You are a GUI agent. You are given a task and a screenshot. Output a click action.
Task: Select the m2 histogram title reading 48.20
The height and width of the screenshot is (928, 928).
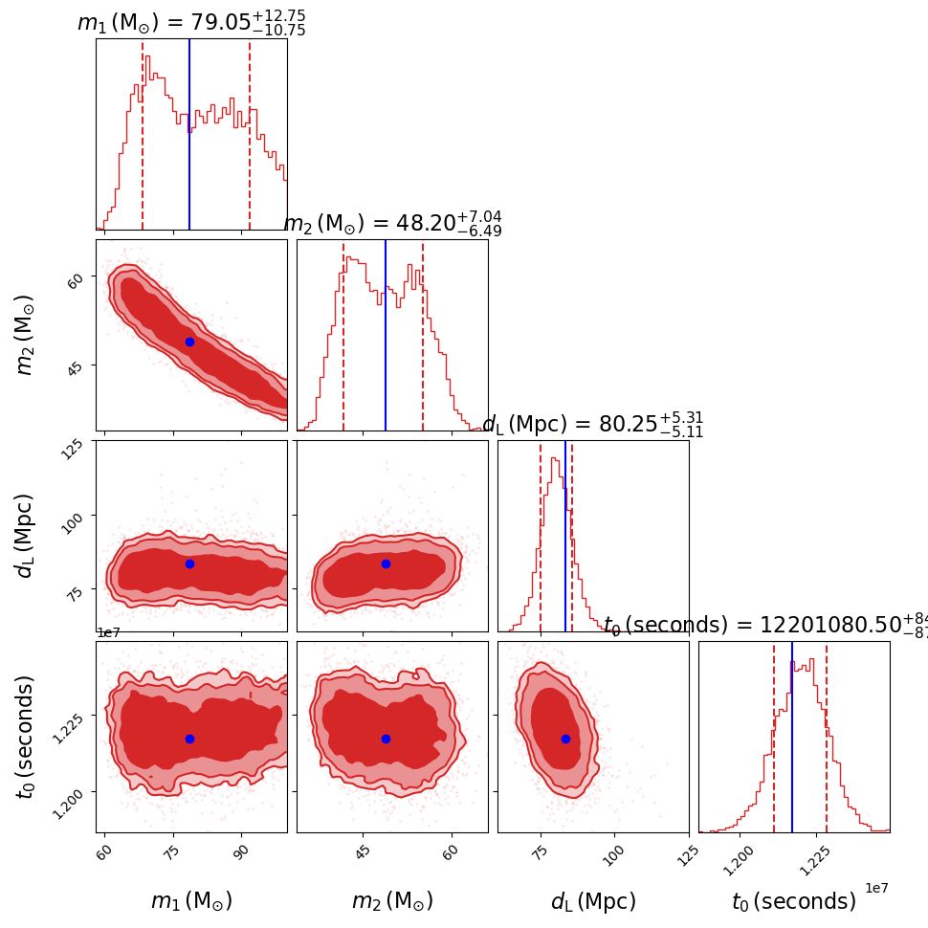[392, 224]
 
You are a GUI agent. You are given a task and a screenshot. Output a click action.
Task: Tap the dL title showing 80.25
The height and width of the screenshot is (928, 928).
[593, 425]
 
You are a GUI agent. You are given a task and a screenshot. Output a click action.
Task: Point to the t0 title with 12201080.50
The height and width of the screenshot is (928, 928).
[765, 626]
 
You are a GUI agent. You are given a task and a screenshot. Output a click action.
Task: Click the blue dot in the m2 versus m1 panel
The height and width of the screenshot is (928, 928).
[189, 342]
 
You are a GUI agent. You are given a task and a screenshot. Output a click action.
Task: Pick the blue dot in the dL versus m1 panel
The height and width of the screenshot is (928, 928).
[189, 563]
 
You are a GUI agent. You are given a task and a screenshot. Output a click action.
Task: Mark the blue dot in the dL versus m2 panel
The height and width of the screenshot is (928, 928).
[386, 563]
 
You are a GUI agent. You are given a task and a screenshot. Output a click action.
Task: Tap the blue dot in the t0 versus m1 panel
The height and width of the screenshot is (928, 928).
[189, 739]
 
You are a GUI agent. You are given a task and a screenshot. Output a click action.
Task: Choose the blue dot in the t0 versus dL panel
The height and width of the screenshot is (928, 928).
[565, 739]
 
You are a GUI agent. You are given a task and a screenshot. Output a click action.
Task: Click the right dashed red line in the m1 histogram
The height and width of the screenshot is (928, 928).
[250, 124]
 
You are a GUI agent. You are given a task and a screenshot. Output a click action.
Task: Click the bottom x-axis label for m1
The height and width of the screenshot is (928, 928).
[191, 901]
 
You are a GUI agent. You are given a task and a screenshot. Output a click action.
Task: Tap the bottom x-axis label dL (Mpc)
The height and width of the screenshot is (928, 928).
[593, 901]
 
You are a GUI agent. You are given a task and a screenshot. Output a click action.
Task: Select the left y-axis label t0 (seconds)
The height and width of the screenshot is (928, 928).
[26, 737]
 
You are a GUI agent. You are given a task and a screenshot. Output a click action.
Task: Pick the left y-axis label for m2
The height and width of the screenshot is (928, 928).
[26, 334]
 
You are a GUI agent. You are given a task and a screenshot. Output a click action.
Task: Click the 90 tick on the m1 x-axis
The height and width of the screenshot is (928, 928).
[240, 851]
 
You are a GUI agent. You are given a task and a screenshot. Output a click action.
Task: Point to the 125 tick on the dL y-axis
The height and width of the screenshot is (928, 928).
[77, 449]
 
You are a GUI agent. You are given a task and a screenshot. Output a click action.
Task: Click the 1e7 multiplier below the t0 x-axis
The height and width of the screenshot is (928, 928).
[876, 889]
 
